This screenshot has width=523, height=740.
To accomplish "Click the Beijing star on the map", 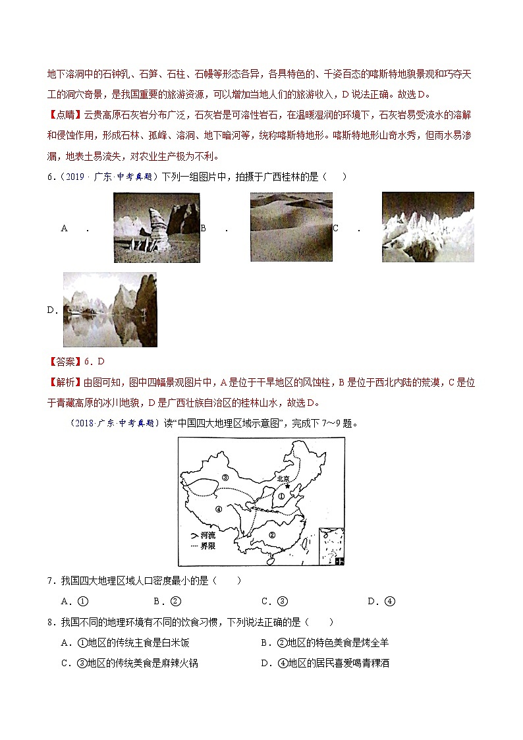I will tap(287, 486).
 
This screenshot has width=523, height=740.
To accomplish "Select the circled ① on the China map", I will tap(280, 498).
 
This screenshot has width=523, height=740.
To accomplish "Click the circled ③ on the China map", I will tap(225, 477).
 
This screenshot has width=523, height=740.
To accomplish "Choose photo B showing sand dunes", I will tap(291, 227).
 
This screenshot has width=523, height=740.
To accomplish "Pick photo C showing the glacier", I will tap(427, 227).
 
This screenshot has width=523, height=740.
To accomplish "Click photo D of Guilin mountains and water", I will tap(110, 310).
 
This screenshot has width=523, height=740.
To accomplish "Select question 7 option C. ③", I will tap(275, 601).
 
